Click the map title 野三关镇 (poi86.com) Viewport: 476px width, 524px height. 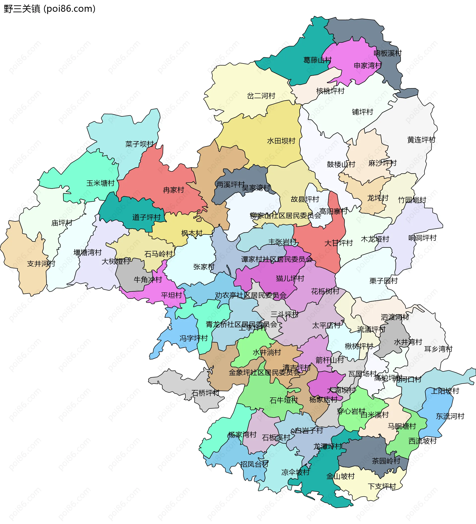(50, 9)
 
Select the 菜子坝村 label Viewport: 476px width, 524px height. (139, 144)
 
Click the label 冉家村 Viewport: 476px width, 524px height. (174, 190)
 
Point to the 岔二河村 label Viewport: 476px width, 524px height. (261, 96)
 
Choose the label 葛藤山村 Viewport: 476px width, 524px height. (317, 60)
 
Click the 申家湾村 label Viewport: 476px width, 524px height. (368, 65)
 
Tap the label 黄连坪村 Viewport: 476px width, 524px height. (421, 140)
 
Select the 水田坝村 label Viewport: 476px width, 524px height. (281, 141)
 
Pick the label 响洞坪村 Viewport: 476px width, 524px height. (422, 238)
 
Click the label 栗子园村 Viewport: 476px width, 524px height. (384, 281)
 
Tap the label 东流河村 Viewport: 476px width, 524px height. (450, 416)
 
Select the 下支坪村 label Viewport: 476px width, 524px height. (382, 486)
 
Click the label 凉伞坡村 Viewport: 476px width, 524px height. (296, 472)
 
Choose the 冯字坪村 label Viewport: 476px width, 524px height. (194, 338)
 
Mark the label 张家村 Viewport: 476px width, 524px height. (204, 267)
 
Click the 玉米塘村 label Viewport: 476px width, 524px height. (100, 183)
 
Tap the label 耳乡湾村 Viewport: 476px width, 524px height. (438, 349)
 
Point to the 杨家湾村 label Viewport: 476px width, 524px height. (242, 435)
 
